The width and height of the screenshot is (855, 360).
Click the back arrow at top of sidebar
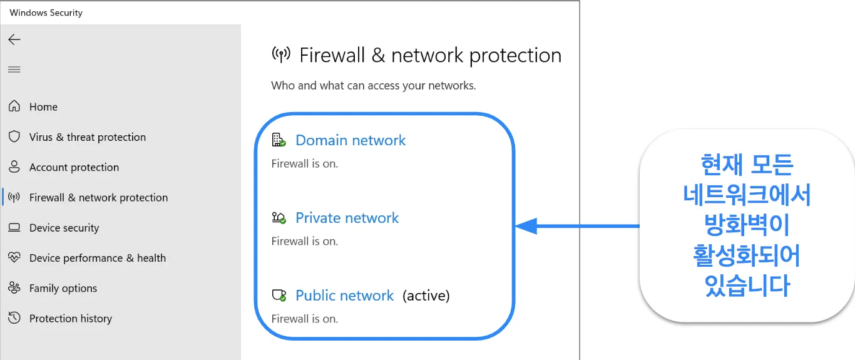(14, 39)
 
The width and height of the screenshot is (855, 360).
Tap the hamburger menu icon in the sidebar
(14, 69)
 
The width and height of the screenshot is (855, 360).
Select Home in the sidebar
(44, 107)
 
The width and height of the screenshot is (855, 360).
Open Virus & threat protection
(88, 137)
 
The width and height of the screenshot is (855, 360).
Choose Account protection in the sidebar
(74, 167)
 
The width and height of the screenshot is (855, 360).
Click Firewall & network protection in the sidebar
(98, 197)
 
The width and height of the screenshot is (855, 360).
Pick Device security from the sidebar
(64, 228)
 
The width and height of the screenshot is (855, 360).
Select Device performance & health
(98, 258)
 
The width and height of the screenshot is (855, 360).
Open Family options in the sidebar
(63, 288)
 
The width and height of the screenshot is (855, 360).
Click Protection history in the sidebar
(71, 319)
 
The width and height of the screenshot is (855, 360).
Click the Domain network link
(351, 140)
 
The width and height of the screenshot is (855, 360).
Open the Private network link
(347, 218)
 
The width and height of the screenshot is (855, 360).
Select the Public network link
(344, 296)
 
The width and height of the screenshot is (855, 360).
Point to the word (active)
(426, 296)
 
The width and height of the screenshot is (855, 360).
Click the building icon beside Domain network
(279, 140)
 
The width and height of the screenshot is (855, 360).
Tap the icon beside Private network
(279, 218)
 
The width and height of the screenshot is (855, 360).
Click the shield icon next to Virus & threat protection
(14, 136)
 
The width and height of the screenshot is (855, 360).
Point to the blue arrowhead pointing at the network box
(526, 226)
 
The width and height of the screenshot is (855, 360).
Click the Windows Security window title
(46, 13)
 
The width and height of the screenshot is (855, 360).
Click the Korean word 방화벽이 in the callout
(747, 225)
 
